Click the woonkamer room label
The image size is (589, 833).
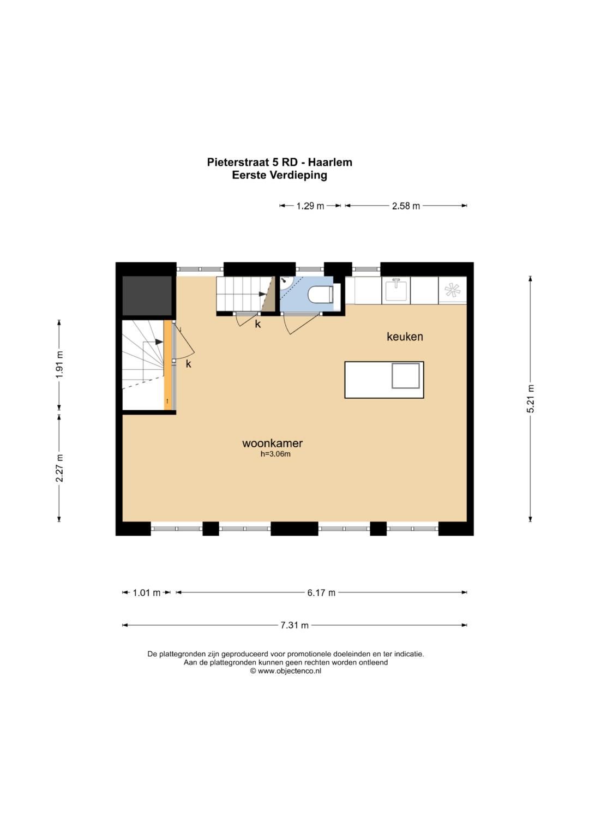coord(272,444)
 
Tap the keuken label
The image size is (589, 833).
coord(405,337)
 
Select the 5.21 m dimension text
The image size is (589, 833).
coord(531,398)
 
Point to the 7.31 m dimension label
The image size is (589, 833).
coord(294,625)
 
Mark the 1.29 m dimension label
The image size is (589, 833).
coord(310,206)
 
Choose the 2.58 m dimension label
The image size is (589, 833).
coord(406,206)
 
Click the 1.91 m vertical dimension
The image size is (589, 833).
coord(59,364)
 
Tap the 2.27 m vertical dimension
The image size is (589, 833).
coord(59,468)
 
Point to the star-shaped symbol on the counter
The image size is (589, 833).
coord(452,290)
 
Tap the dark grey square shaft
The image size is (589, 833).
coord(147,296)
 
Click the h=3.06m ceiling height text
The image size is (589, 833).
coord(275,454)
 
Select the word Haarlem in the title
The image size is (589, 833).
coord(330,163)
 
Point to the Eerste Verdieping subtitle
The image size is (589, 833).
coord(280,175)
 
